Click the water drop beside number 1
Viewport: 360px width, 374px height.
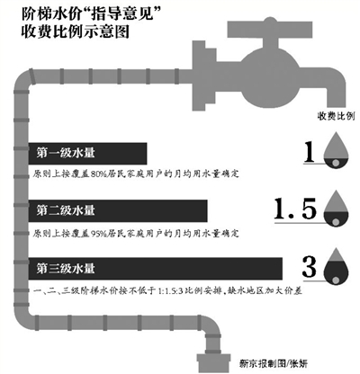click(337, 153)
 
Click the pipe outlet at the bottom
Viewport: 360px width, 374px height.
click(214, 360)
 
